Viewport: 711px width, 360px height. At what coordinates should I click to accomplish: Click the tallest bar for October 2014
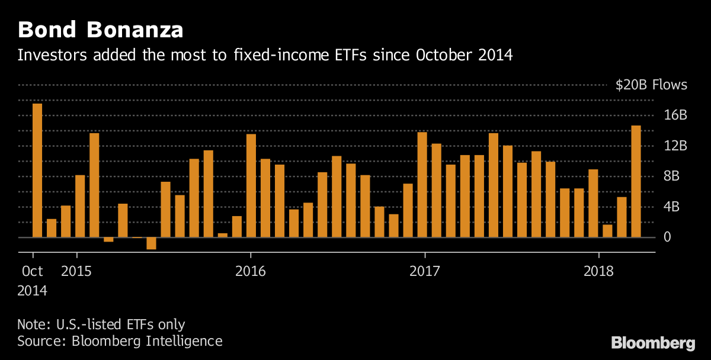tap(37, 171)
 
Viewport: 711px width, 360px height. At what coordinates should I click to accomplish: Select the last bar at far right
tap(636, 181)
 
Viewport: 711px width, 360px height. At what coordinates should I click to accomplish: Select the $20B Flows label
tap(651, 85)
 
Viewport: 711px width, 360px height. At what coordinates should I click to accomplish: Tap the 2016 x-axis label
tap(250, 271)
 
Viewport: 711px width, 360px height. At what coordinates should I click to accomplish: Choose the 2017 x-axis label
tap(425, 271)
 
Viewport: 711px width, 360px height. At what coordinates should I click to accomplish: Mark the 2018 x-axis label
tap(599, 271)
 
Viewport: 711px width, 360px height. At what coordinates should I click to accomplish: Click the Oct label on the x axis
tap(32, 271)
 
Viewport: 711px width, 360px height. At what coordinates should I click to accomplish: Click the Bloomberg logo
tap(653, 343)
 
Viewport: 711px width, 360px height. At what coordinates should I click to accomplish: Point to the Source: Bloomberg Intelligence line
tap(120, 341)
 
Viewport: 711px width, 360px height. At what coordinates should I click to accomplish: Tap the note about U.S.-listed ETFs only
tap(101, 324)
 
